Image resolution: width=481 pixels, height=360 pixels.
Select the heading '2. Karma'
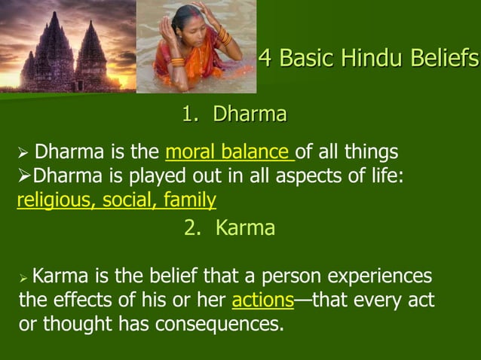point(229,228)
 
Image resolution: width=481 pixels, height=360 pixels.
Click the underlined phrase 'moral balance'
point(228,153)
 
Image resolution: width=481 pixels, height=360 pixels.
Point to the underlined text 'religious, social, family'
point(116,200)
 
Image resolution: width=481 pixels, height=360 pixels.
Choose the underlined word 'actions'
point(262,301)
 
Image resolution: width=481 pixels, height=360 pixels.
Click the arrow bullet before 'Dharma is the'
point(23,154)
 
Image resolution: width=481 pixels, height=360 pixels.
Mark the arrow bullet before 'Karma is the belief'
point(23,277)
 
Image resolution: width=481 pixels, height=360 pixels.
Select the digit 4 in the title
point(265,58)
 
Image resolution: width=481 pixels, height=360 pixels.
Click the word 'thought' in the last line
point(72,325)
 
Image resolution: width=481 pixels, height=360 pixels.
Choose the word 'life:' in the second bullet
point(384,177)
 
